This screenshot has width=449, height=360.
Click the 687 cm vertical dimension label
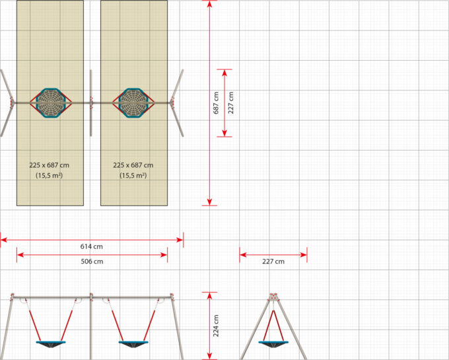[216, 103]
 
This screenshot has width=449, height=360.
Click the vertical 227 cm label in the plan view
[231, 103]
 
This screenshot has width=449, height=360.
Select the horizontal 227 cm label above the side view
[273, 261]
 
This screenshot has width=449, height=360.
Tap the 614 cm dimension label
[92, 246]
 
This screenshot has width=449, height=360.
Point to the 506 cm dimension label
[92, 261]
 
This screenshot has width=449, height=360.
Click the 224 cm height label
[216, 326]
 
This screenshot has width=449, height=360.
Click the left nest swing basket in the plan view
[51, 103]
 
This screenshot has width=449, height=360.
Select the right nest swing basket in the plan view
[133, 103]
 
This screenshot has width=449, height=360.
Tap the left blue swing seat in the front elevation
[51, 344]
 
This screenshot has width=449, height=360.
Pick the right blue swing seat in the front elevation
[133, 344]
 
